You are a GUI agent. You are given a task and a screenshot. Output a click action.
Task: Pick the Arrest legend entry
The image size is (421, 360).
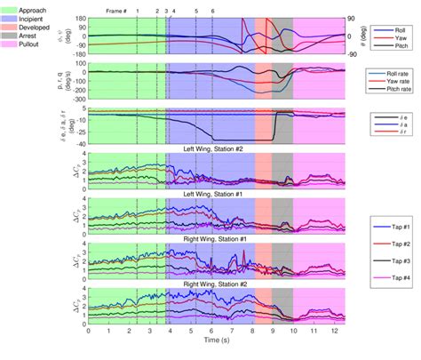click(29, 42)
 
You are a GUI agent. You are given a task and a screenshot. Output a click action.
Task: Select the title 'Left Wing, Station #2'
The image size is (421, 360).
click(211, 152)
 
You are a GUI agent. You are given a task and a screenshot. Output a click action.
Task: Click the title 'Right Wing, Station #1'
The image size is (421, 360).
click(211, 239)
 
